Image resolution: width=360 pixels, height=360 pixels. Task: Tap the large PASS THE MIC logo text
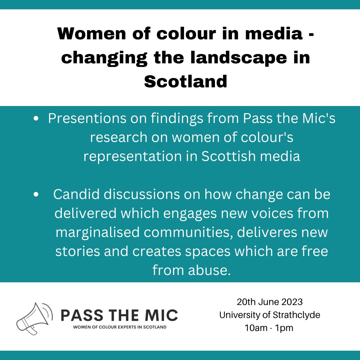pyautogui.click(x=119, y=315)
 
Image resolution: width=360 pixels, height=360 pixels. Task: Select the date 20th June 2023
pyautogui.click(x=270, y=302)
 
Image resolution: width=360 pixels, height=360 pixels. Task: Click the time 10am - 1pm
pyautogui.click(x=269, y=328)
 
